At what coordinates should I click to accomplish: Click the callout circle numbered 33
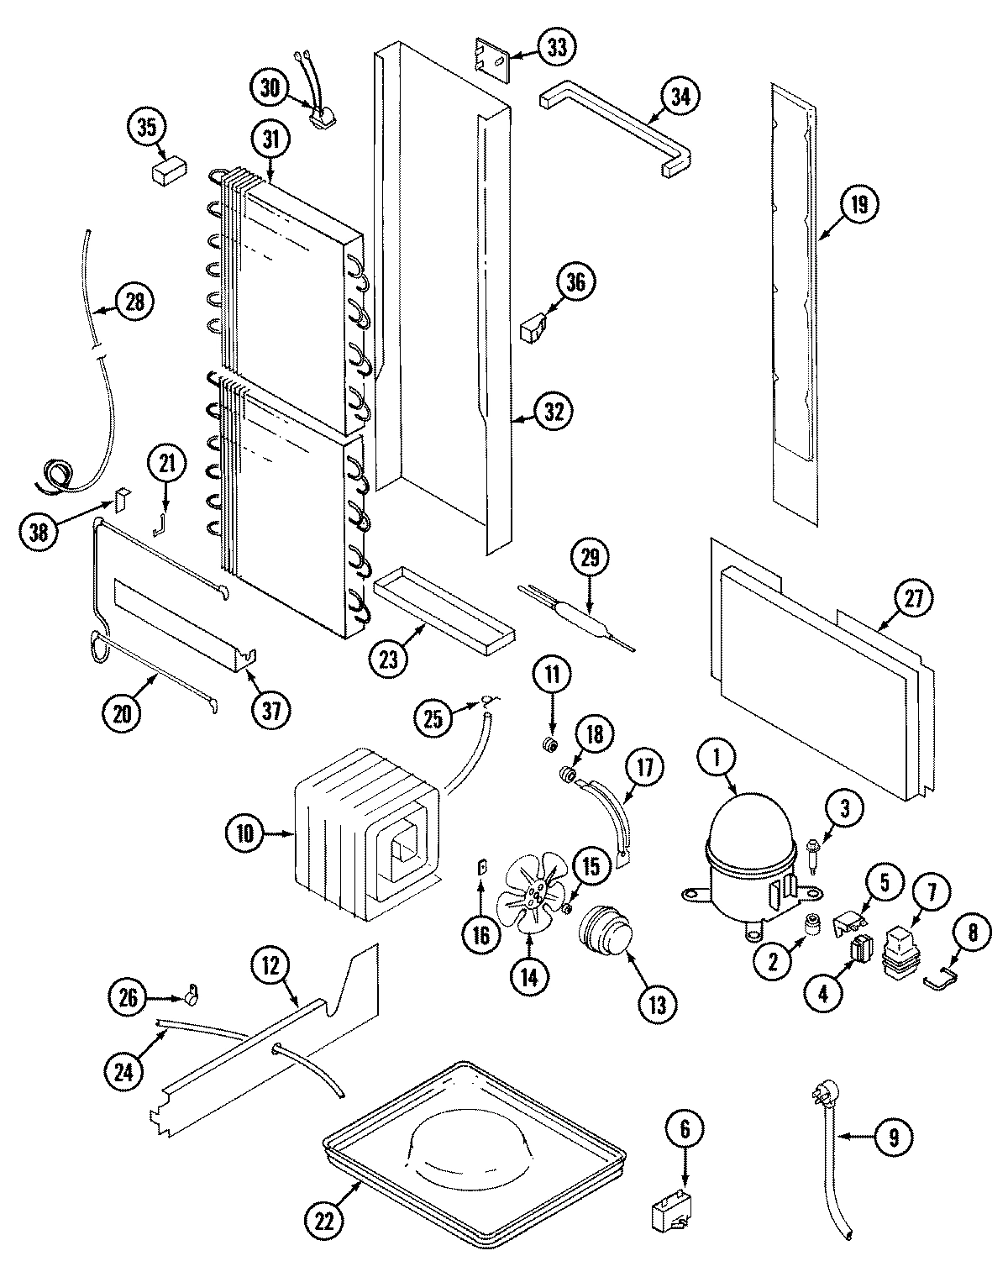(557, 48)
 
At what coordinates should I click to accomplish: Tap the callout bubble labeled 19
(862, 205)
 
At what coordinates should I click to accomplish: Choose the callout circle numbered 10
(244, 834)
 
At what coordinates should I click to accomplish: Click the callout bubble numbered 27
(913, 599)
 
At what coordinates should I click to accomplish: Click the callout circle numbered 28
(135, 301)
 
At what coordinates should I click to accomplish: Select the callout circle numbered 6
(684, 1130)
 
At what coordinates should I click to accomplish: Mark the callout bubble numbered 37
(271, 710)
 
